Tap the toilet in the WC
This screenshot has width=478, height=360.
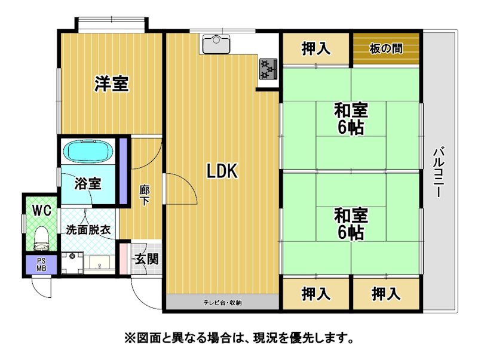pyautogui.click(x=42, y=238)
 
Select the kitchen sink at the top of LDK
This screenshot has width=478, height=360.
pyautogui.click(x=216, y=43)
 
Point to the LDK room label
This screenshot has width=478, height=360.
pyautogui.click(x=222, y=171)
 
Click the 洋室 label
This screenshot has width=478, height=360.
pyautogui.click(x=112, y=84)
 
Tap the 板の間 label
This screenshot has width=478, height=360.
pyautogui.click(x=386, y=49)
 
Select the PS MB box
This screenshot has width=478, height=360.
pyautogui.click(x=41, y=264)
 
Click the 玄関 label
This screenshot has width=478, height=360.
pyautogui.click(x=146, y=259)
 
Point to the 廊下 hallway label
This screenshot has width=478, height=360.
pyautogui.click(x=145, y=196)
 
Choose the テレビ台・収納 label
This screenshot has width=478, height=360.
pyautogui.click(x=222, y=303)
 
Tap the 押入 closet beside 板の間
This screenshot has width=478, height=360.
pyautogui.click(x=316, y=49)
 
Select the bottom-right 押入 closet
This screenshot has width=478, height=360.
pyautogui.click(x=386, y=294)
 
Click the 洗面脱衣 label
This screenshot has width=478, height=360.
pyautogui.click(x=88, y=230)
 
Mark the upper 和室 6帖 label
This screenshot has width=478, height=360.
pyautogui.click(x=351, y=119)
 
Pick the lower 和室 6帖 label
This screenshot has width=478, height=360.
pyautogui.click(x=351, y=224)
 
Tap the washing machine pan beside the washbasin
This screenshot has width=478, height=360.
pyautogui.click(x=72, y=263)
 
